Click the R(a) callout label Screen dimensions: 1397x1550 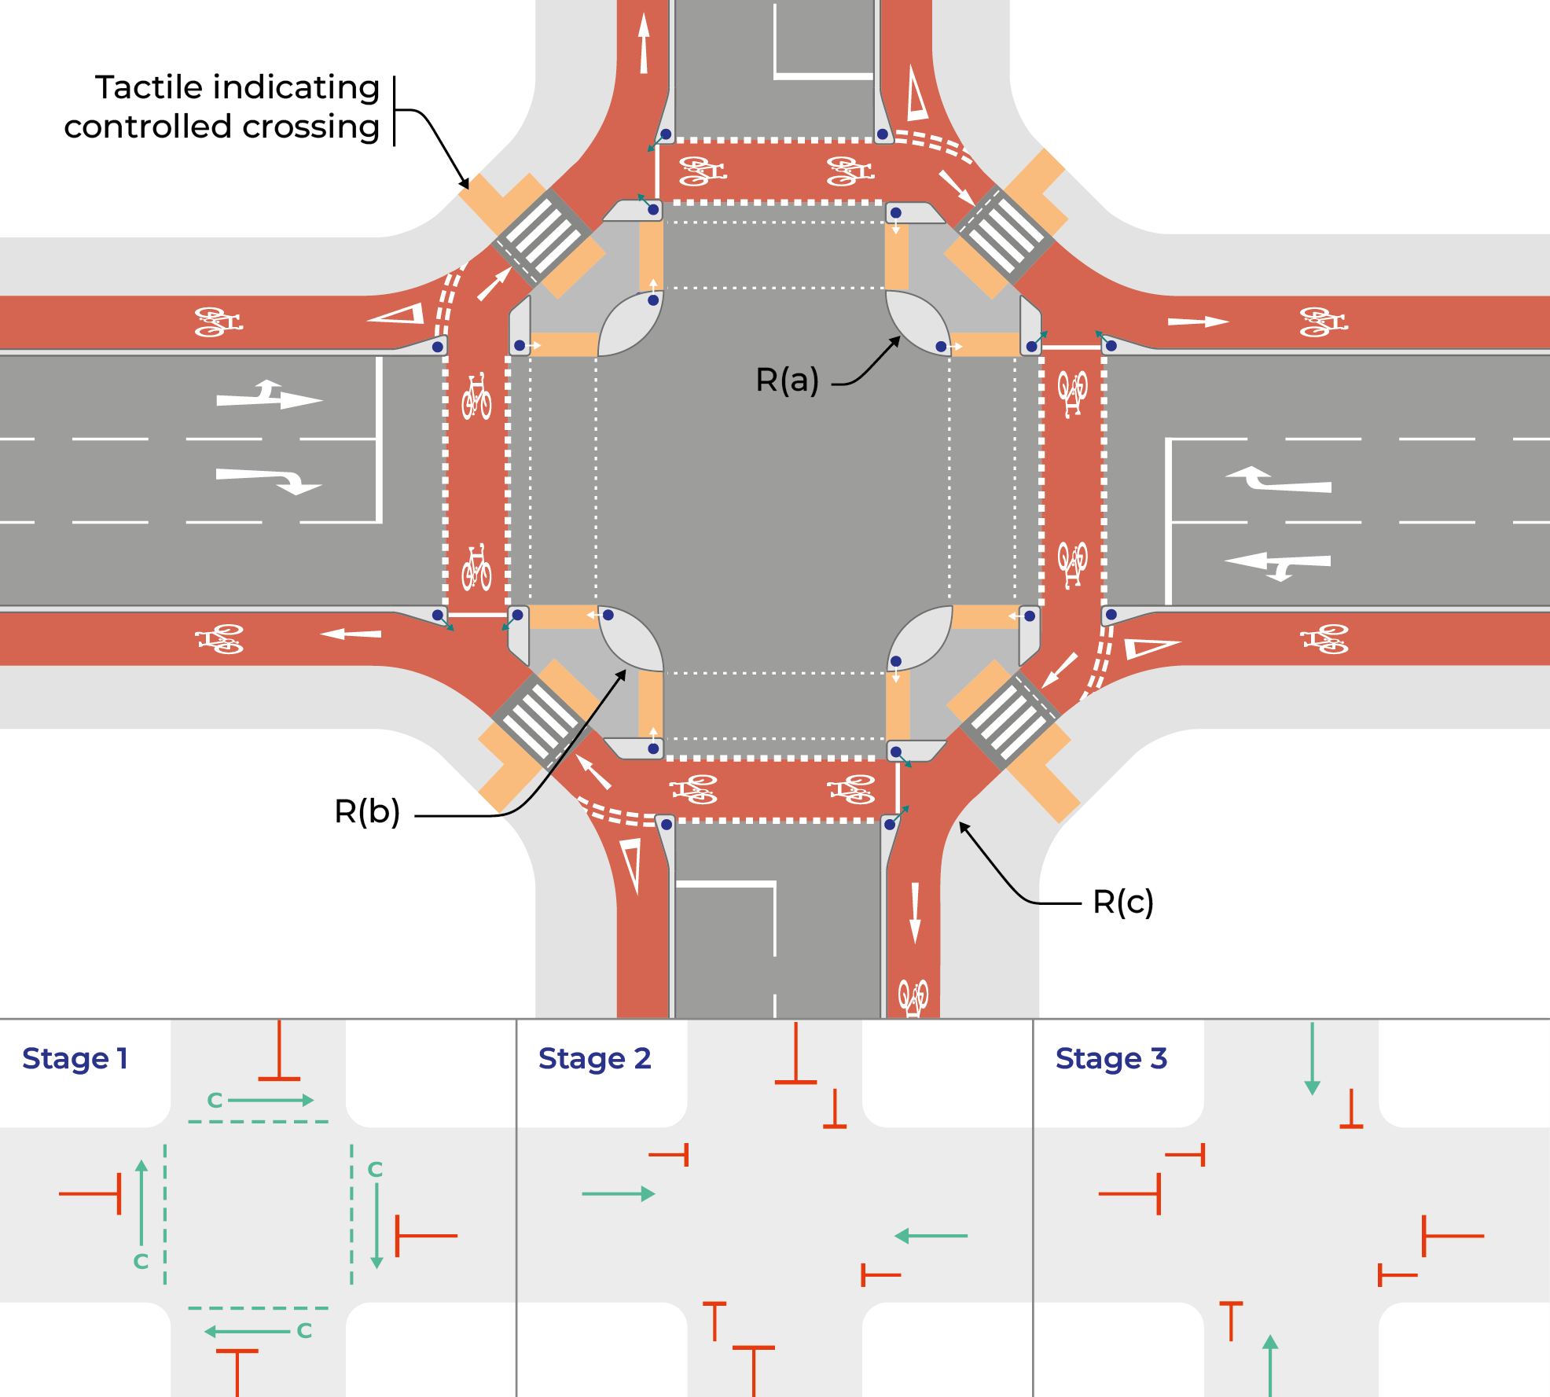(x=787, y=380)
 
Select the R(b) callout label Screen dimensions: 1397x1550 (x=367, y=811)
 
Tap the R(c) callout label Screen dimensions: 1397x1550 (x=1123, y=902)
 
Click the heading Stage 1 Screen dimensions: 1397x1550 (x=75, y=1059)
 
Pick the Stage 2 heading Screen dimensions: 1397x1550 (x=594, y=1059)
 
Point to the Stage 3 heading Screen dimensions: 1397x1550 (x=1111, y=1059)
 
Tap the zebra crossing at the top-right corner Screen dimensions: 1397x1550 (x=1004, y=233)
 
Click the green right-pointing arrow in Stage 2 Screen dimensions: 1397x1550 (x=619, y=1194)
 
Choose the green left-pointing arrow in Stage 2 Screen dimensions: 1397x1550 (x=931, y=1236)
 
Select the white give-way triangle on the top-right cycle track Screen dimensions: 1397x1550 (x=916, y=94)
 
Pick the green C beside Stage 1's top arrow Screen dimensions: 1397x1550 (x=215, y=1101)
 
